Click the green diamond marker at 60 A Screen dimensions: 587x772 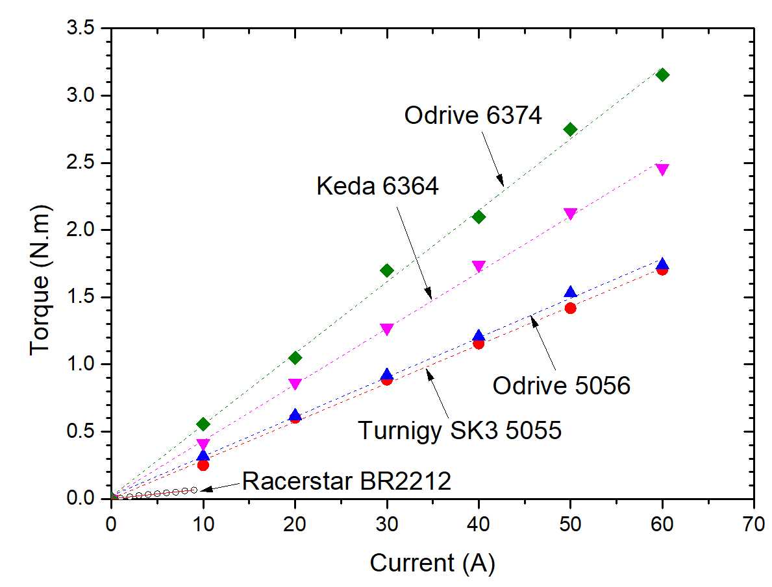662,75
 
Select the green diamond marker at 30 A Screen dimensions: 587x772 387,270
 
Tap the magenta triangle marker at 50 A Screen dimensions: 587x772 571,214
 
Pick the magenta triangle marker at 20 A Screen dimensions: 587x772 295,384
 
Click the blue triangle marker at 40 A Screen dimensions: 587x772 479,335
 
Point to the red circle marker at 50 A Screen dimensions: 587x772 571,308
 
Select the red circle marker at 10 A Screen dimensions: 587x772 203,465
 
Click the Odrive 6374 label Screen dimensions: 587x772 473,117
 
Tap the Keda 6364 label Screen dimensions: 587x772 377,187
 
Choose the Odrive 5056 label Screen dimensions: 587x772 562,387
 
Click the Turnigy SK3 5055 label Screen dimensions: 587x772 460,430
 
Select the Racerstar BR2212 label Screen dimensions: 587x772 346,482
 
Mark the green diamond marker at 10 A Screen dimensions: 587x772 203,424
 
